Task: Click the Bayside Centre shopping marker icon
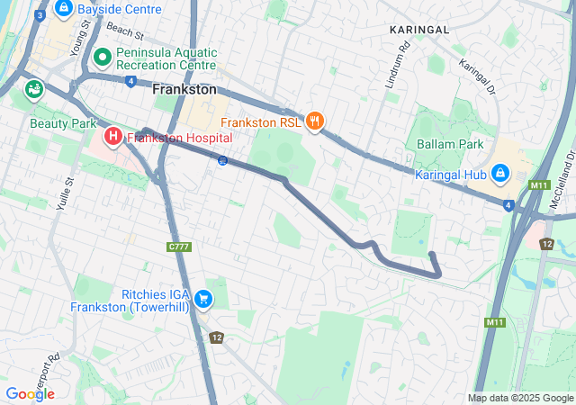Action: [64, 10]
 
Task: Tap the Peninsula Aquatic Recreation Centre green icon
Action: [102, 58]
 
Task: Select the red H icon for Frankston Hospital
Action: [113, 137]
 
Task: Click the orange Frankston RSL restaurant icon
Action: [314, 121]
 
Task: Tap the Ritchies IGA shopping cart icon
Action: [203, 299]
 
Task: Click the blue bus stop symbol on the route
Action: [221, 160]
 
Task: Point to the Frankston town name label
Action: [184, 90]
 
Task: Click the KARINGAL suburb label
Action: [418, 30]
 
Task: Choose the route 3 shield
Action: [40, 15]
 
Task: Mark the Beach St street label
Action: [124, 31]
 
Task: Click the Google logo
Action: [30, 393]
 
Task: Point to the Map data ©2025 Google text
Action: [520, 398]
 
